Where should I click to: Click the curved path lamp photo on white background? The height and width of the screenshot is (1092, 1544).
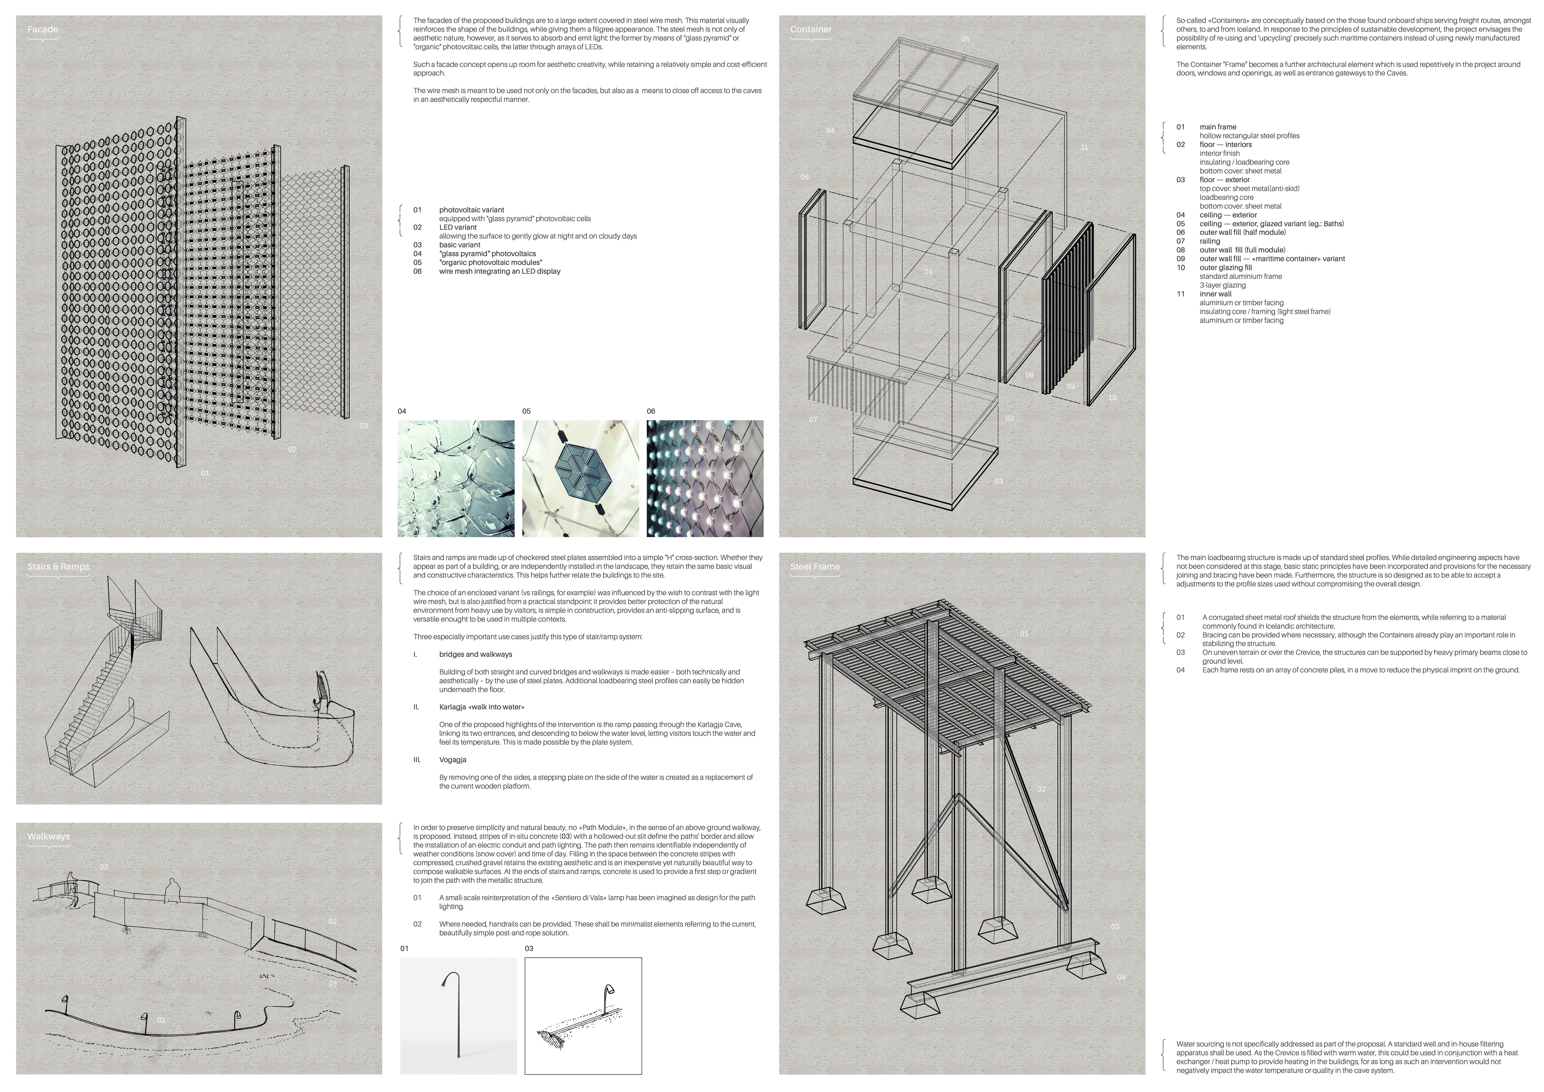tap(459, 1015)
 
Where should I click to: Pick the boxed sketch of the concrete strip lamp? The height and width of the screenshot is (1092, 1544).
tap(583, 1015)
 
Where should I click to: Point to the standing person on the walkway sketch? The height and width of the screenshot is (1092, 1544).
tap(173, 892)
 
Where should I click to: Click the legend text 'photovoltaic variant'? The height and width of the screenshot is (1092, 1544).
tap(471, 210)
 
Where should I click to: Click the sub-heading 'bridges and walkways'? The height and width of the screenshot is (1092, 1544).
tap(475, 654)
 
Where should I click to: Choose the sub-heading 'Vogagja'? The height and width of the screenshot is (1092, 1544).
tap(454, 760)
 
